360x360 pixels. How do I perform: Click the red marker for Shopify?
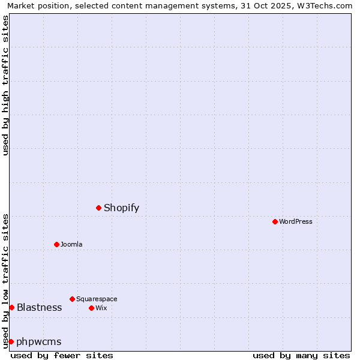click(x=98, y=208)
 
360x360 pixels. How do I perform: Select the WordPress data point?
click(x=275, y=221)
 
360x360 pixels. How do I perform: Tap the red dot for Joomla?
click(x=56, y=244)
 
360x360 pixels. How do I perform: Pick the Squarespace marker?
click(x=72, y=299)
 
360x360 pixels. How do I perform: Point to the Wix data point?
click(x=91, y=308)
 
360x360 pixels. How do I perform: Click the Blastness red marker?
click(x=11, y=307)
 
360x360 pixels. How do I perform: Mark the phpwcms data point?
click(x=11, y=341)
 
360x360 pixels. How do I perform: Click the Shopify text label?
click(x=121, y=208)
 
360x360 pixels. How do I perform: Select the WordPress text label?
click(x=295, y=222)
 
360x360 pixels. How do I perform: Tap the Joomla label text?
click(x=71, y=245)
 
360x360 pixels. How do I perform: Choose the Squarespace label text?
click(x=97, y=299)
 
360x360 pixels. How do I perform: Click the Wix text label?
click(x=101, y=308)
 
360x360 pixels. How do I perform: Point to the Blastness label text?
click(x=39, y=308)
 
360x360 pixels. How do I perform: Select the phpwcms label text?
click(x=39, y=342)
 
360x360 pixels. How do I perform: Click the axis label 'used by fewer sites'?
click(x=62, y=355)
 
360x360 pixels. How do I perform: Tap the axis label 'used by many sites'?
click(x=301, y=355)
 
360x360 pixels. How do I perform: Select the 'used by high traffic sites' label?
click(x=6, y=85)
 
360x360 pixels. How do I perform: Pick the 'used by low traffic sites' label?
click(x=6, y=281)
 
